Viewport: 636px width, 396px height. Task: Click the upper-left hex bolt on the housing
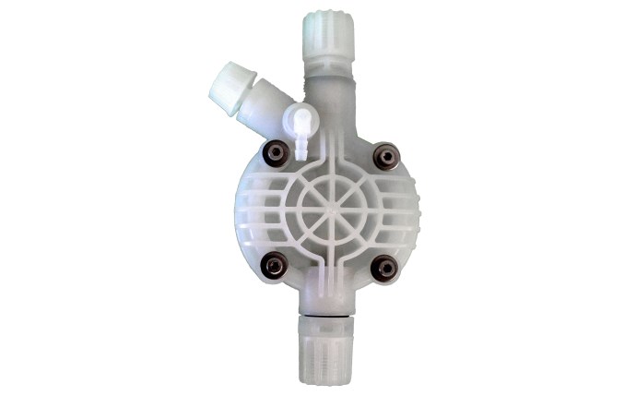coord(273,152)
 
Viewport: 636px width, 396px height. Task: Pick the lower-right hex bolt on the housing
coord(383,267)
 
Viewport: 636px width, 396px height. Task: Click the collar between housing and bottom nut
coord(329,310)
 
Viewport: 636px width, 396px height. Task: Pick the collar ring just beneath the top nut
coord(326,65)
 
